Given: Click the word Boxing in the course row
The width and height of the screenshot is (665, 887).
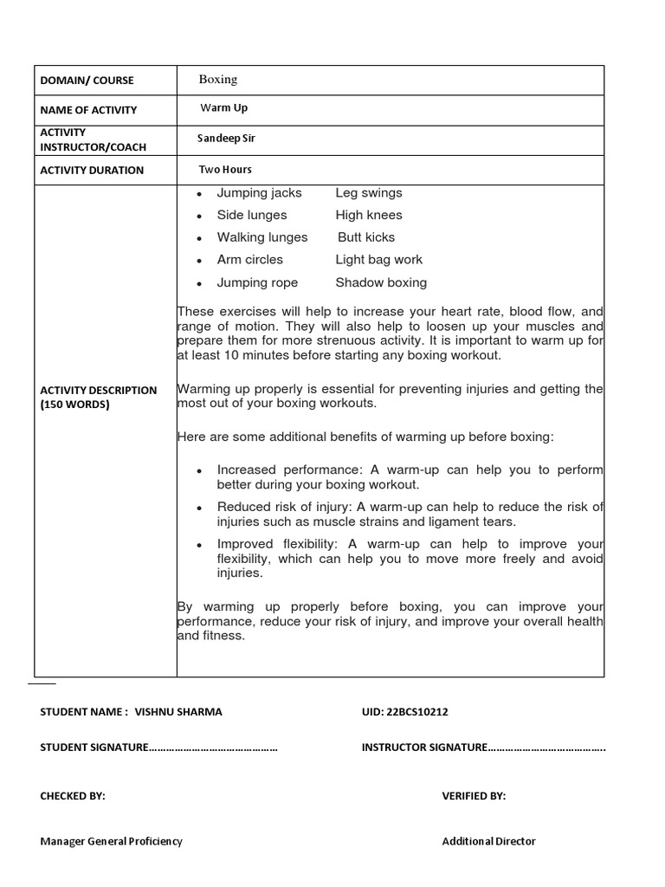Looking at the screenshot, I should click(x=218, y=80).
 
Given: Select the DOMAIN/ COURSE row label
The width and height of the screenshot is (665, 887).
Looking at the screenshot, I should click(x=87, y=81).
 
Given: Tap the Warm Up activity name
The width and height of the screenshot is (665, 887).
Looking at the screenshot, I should click(x=223, y=108).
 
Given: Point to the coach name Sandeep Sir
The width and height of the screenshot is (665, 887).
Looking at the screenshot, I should click(x=227, y=138).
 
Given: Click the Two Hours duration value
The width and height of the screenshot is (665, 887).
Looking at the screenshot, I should click(x=225, y=170).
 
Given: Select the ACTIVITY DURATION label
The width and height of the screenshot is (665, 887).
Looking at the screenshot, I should click(x=92, y=170).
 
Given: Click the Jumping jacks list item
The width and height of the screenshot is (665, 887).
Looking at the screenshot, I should click(x=259, y=193).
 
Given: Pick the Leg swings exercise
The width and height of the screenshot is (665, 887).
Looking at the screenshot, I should click(x=369, y=193).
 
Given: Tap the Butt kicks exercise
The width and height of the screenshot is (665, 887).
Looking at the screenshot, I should click(x=366, y=237).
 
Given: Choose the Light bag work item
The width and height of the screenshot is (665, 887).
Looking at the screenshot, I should click(x=379, y=260).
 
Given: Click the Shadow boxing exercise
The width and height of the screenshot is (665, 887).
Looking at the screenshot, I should click(x=381, y=282).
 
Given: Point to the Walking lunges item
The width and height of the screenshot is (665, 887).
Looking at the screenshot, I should click(x=262, y=237).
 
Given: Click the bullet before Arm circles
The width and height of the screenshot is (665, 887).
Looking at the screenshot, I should click(x=199, y=261).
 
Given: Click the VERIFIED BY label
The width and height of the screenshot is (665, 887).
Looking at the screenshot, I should click(x=474, y=796).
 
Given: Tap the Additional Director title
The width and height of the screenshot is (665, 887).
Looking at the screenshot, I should click(x=488, y=841).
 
